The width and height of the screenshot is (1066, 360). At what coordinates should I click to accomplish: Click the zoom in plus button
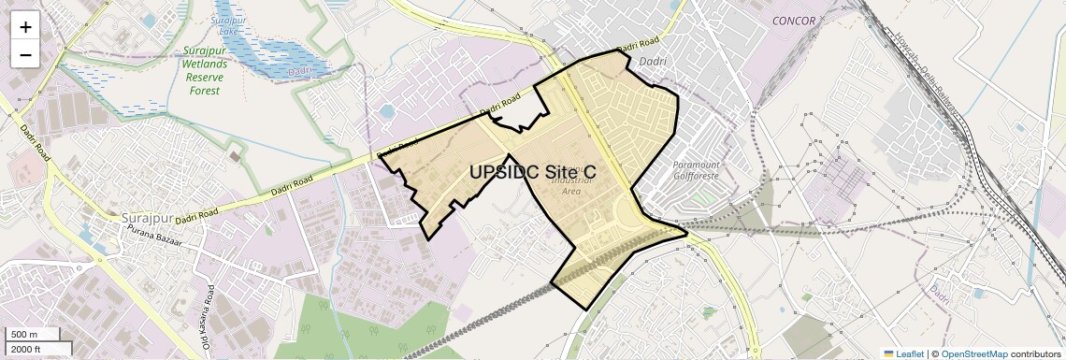point(25,27)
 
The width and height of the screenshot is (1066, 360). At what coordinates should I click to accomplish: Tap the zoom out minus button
point(25,55)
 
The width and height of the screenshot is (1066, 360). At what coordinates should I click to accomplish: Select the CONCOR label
point(794,21)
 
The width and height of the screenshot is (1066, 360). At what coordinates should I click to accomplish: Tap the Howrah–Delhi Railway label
point(930,80)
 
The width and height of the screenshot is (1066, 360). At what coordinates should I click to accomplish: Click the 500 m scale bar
point(33,335)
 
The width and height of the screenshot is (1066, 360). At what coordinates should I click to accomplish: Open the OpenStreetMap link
point(973,353)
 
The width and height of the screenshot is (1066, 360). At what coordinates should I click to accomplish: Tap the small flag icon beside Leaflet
point(888,353)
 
